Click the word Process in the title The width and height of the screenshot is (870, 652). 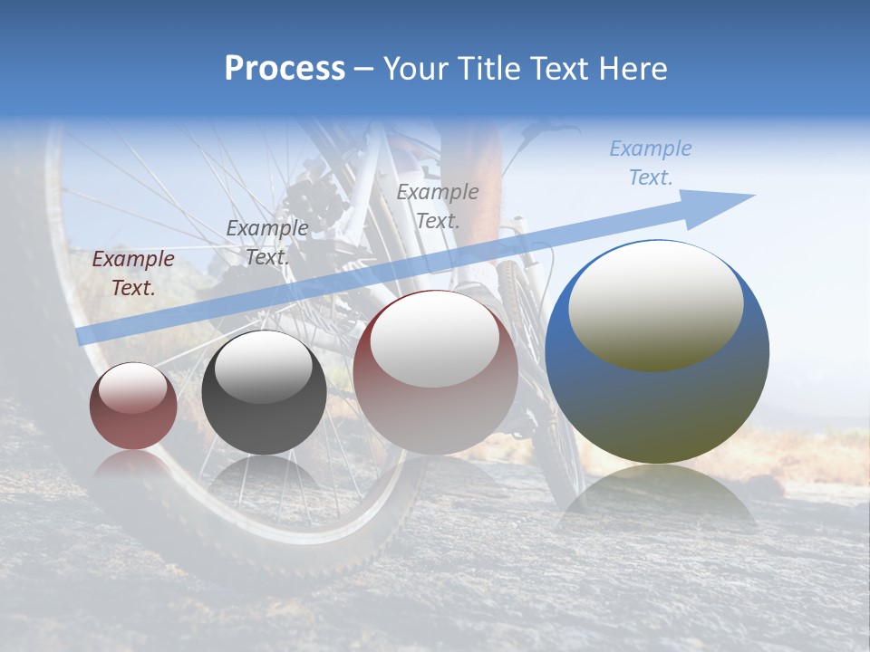coord(285,69)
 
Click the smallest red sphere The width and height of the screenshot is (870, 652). coord(133,407)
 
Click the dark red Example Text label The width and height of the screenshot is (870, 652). coord(133,273)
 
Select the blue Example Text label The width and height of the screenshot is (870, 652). coord(651,163)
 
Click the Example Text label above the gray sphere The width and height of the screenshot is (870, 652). coord(267,243)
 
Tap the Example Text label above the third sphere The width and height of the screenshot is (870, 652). coord(438,206)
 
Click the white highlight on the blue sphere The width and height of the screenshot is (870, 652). coord(655,303)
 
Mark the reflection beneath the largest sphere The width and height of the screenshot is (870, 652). coord(657,498)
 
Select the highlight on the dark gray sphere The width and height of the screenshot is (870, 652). coord(264,367)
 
